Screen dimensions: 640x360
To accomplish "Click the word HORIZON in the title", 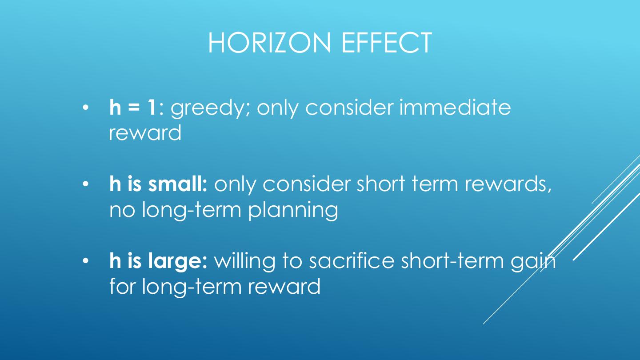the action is (269, 43).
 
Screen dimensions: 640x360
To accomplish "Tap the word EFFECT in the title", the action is (387, 43).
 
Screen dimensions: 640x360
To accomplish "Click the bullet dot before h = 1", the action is (86, 108).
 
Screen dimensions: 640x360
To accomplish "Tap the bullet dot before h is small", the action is (86, 184).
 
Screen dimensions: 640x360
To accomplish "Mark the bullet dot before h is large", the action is (86, 261).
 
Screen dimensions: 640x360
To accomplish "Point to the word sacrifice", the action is (352, 260).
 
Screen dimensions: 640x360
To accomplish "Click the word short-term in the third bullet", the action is (452, 260).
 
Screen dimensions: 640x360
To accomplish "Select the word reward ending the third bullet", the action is (284, 286).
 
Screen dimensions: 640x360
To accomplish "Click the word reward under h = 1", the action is (145, 132).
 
